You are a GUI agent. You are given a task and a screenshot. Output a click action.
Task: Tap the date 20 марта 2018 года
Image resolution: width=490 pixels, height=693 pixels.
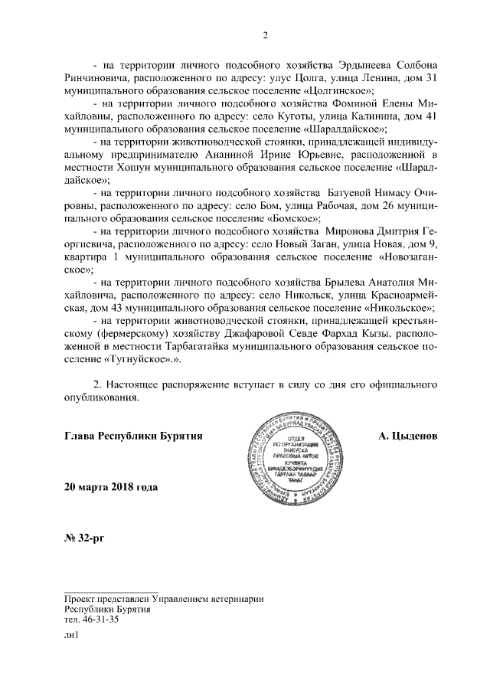pos(111,488)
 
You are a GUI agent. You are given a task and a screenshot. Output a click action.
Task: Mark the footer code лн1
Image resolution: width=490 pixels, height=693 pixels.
pos(73,636)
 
